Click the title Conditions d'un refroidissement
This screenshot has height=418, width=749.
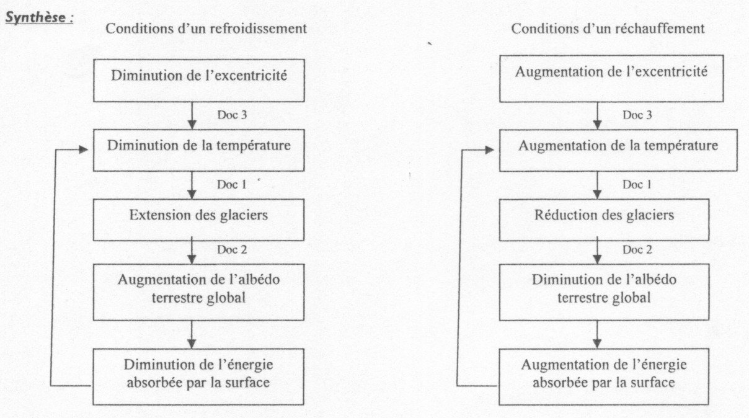[206, 29]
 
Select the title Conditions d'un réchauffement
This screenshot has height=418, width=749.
[608, 29]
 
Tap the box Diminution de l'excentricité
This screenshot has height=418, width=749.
[199, 81]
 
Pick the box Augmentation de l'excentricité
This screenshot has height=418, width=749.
[611, 79]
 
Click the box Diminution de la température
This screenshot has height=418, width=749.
[199, 150]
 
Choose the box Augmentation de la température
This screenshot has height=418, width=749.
[618, 150]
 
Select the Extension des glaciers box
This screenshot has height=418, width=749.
[198, 220]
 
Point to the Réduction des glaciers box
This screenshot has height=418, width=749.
[604, 220]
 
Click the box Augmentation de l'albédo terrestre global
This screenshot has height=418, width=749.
[198, 292]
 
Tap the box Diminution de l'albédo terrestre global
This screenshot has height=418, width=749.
[604, 292]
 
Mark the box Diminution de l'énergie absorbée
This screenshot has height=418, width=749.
[198, 377]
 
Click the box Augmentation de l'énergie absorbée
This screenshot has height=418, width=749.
[604, 377]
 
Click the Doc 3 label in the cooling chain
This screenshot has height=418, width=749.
[232, 115]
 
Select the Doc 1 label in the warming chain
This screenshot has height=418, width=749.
[637, 185]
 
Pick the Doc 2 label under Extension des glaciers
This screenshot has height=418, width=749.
[232, 250]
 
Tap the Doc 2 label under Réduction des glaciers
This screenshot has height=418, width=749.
[637, 250]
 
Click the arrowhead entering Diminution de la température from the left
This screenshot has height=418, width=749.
[83, 149]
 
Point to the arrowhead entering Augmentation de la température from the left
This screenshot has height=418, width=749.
[490, 150]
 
